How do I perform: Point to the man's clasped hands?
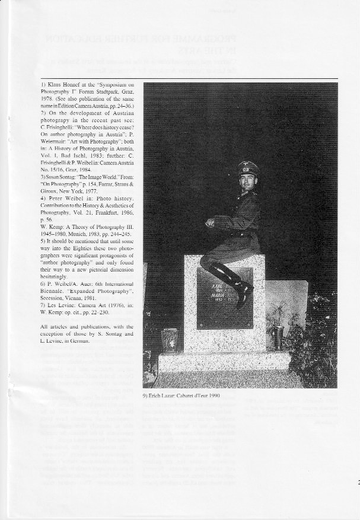coord(210,222)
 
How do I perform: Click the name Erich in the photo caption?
coord(157,395)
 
